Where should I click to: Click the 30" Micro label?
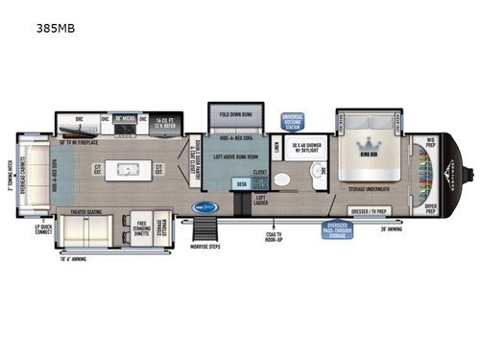[x=125, y=119]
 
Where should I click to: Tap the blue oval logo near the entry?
[x=203, y=206]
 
